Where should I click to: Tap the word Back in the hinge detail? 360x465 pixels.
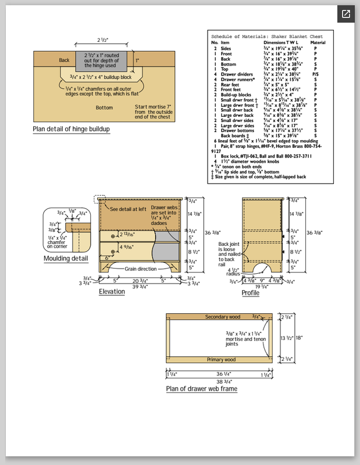point(65,60)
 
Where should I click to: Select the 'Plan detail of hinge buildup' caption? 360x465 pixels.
point(71,129)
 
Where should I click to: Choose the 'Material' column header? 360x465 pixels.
point(318,42)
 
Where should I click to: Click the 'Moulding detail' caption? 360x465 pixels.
point(66,258)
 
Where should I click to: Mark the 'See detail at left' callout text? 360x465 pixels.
point(129,209)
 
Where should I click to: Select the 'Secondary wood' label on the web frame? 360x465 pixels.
point(223,317)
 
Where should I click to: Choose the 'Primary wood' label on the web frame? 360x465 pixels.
point(221,360)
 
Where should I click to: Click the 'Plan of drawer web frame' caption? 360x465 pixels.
point(201,388)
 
